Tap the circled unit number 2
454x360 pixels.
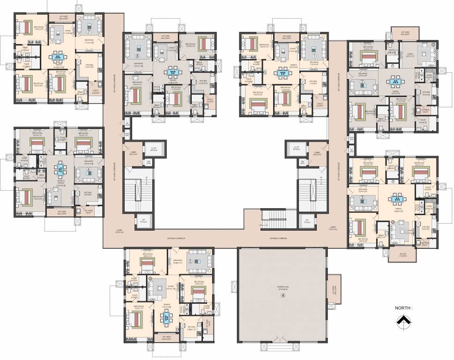click(x=362, y=82)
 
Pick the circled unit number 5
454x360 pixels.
click(x=190, y=261)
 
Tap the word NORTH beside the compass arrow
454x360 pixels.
click(x=403, y=308)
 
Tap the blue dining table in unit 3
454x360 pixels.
click(x=397, y=199)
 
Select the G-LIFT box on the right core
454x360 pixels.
click(x=296, y=149)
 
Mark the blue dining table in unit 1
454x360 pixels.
click(x=282, y=73)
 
